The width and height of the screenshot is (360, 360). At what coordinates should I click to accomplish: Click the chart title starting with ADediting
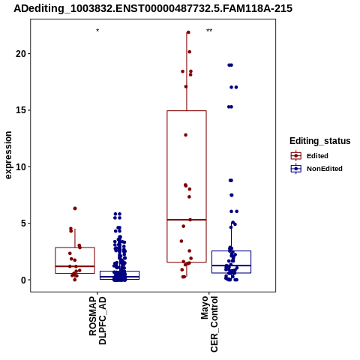(x=153, y=8)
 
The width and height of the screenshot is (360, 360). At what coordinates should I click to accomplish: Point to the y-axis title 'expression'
(x=8, y=155)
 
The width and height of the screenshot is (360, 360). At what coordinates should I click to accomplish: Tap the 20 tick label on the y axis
(x=20, y=53)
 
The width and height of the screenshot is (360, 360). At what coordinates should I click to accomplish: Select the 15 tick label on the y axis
(x=20, y=110)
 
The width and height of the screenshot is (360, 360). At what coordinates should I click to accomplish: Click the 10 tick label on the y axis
(x=20, y=166)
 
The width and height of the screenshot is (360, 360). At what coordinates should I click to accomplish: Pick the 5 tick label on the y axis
(x=23, y=223)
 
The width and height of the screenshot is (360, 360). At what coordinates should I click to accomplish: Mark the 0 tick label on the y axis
(x=23, y=280)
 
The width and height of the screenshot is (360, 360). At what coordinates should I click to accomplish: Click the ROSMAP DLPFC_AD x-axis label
(x=97, y=320)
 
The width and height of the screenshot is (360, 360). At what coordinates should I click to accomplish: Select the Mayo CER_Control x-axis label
(x=209, y=324)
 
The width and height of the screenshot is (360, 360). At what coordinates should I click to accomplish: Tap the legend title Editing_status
(x=320, y=141)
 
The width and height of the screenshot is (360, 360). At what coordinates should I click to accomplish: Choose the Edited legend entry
(x=310, y=156)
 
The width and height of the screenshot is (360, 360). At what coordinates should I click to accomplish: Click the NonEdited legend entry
(x=316, y=169)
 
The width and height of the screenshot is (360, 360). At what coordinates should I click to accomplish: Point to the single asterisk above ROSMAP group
(x=97, y=31)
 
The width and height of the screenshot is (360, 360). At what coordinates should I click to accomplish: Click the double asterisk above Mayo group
(x=209, y=31)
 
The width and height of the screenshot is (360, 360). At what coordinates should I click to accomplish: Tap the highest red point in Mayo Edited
(x=188, y=32)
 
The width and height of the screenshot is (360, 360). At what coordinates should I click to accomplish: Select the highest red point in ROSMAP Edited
(x=75, y=208)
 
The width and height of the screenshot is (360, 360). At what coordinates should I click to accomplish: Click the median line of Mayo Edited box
(x=187, y=220)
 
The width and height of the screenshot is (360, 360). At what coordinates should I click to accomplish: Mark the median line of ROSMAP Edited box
(x=75, y=266)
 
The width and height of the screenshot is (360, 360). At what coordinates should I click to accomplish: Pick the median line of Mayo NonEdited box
(x=231, y=265)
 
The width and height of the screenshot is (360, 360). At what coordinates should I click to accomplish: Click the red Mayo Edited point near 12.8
(x=186, y=135)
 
